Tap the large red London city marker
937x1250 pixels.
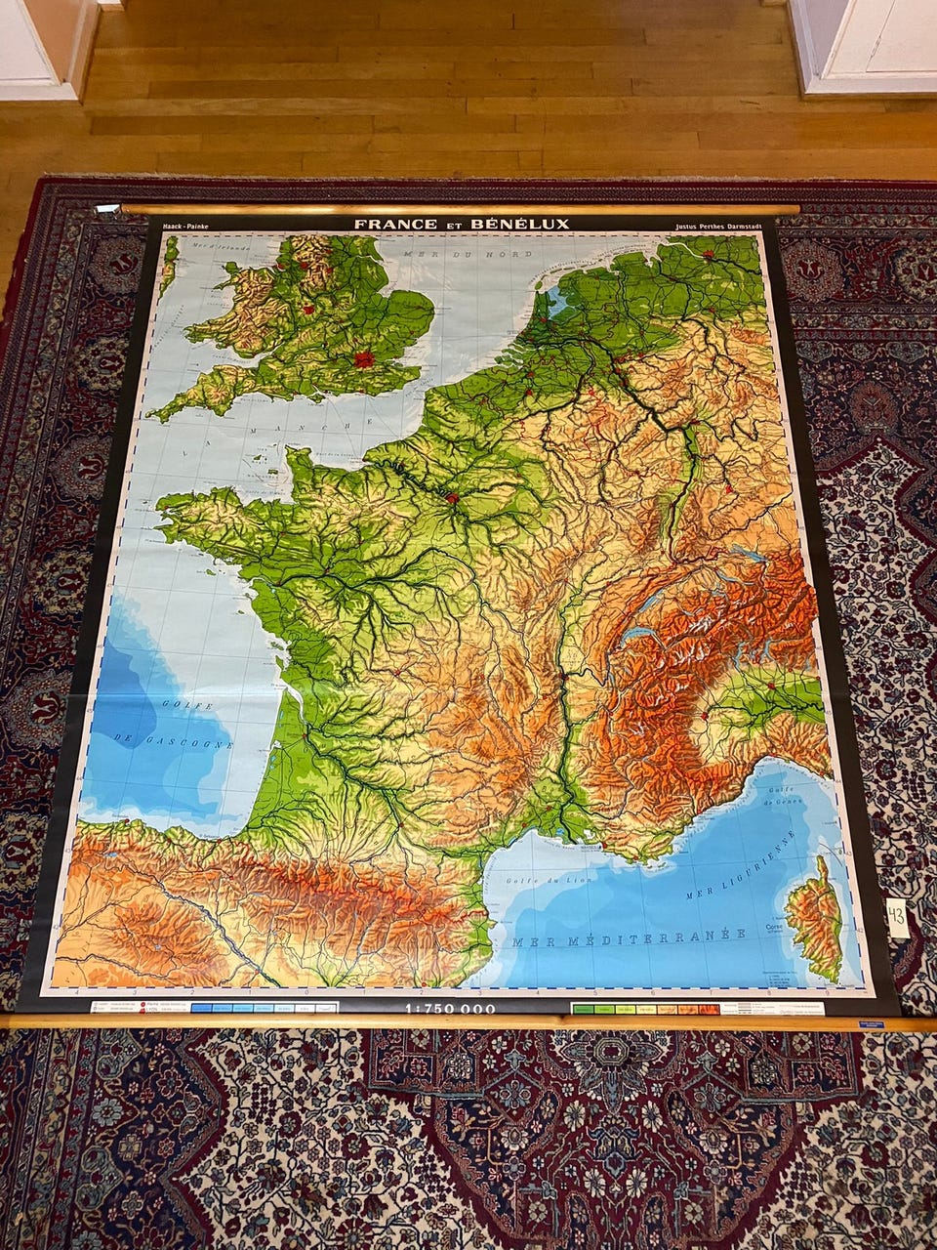[365, 359]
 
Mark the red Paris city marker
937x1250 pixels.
[452, 499]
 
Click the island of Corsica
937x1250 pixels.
[815, 918]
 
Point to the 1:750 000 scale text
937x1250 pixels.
[450, 1008]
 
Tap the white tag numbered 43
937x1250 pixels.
[897, 918]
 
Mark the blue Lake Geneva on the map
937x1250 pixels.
[640, 634]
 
